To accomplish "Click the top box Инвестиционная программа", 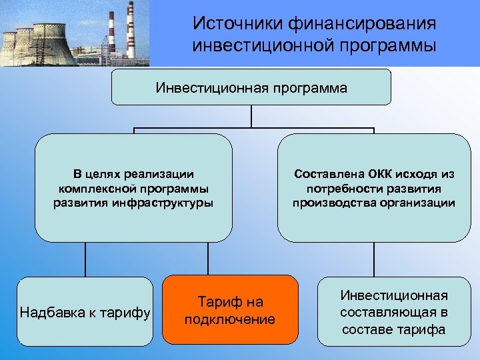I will click(x=251, y=87).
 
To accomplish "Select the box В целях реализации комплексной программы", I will click(x=133, y=187).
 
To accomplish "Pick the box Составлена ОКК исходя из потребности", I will click(x=373, y=187).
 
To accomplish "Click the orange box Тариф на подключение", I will click(x=229, y=310).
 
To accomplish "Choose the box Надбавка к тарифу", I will click(x=85, y=311).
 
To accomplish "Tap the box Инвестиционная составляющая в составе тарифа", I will click(x=393, y=312).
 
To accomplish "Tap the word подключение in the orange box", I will click(x=229, y=319).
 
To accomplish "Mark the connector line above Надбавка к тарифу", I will click(x=85, y=259).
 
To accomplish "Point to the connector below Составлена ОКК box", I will click(x=373, y=259).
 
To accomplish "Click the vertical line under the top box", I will click(x=251, y=116).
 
